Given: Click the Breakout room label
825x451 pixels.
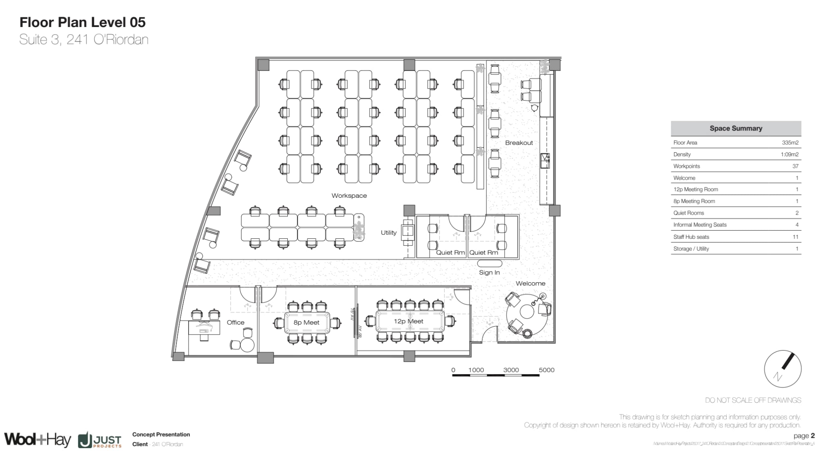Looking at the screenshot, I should (x=519, y=143).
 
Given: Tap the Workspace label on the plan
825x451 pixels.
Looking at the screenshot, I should (x=349, y=196).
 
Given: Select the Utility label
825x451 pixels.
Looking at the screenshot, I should (x=389, y=233).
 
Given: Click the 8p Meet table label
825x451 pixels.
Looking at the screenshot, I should (x=306, y=323).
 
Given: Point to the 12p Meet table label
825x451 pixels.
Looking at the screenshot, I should (x=408, y=321).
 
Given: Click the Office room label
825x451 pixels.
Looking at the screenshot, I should (x=235, y=323).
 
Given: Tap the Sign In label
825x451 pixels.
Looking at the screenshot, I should (x=489, y=273).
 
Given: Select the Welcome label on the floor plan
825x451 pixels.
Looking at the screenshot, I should (x=530, y=283).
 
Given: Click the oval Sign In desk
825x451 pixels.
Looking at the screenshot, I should (x=490, y=264).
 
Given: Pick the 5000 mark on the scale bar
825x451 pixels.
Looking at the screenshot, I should (x=547, y=370).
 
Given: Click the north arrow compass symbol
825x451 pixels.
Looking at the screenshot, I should (x=782, y=369).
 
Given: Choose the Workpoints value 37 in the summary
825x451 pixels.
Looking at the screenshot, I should (x=795, y=166).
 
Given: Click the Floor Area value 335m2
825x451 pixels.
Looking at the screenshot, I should (x=790, y=143).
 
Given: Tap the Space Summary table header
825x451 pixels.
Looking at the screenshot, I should (x=736, y=128).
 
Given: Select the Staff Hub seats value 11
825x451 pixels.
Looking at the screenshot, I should (x=795, y=237).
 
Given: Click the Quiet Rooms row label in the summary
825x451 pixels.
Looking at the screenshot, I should (x=689, y=213).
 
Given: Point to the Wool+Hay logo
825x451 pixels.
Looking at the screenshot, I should (x=37, y=439).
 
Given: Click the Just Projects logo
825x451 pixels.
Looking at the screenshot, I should (x=100, y=440).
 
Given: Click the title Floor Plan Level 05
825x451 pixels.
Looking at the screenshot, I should (x=83, y=22).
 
